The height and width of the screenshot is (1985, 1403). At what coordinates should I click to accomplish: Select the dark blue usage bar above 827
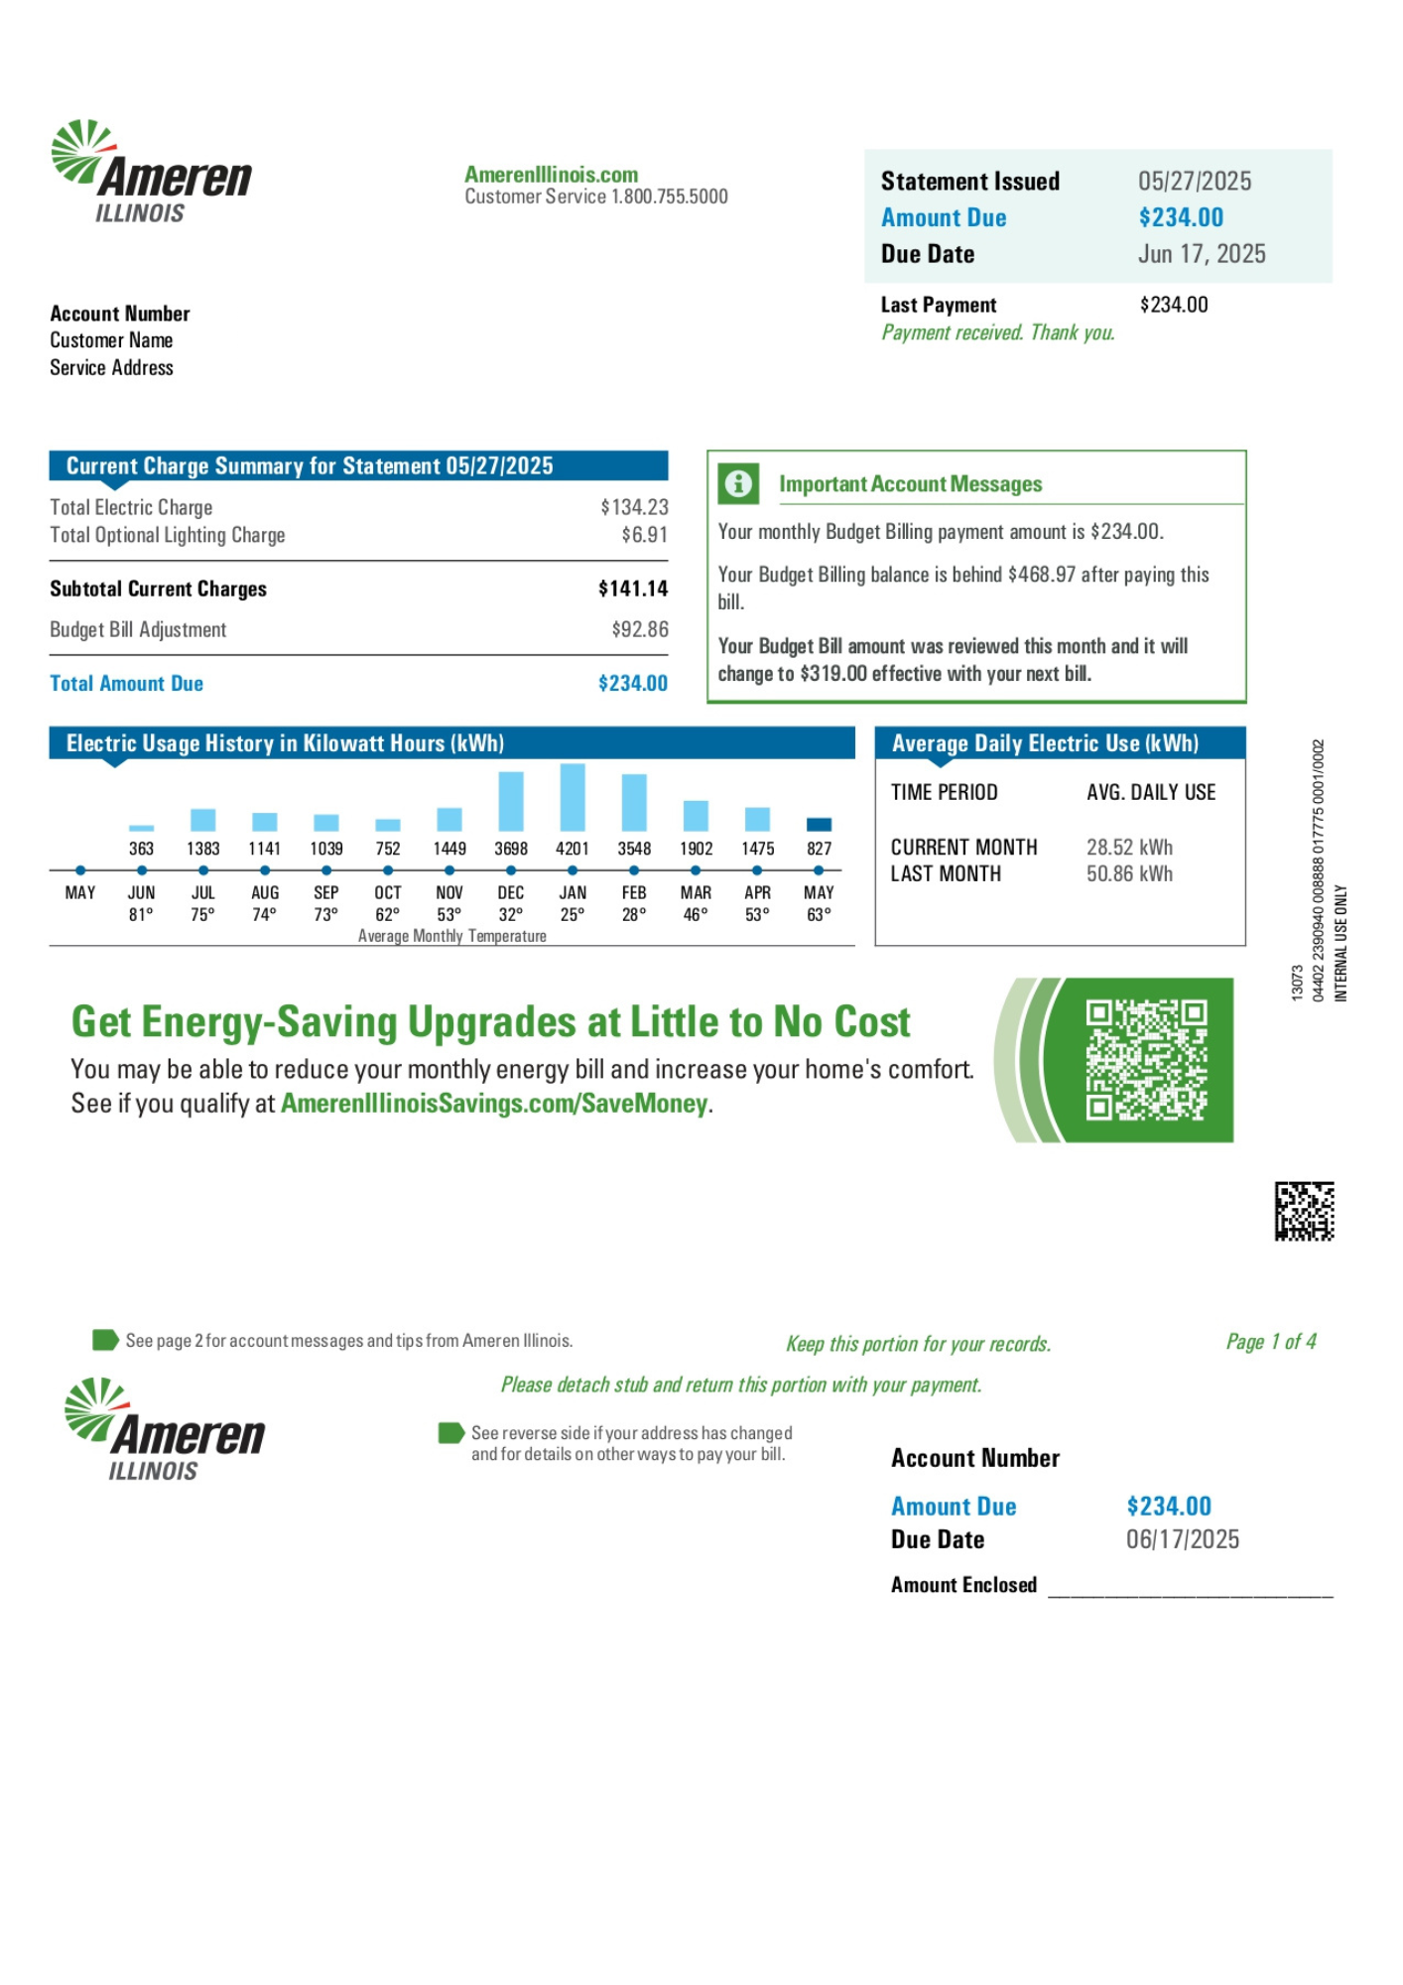pyautogui.click(x=819, y=824)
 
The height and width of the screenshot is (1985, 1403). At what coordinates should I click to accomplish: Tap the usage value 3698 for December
pyautogui.click(x=511, y=849)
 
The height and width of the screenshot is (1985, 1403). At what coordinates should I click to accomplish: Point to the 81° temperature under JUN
pyautogui.click(x=141, y=914)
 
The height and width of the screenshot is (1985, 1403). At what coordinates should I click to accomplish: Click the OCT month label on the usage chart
pyautogui.click(x=388, y=892)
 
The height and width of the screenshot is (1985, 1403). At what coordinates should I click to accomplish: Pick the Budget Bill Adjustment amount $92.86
pyautogui.click(x=640, y=629)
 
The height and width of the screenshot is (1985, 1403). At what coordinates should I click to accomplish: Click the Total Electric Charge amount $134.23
pyautogui.click(x=634, y=507)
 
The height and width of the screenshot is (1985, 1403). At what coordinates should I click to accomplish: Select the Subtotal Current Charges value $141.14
pyautogui.click(x=633, y=589)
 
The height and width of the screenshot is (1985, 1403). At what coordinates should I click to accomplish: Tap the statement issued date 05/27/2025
pyautogui.click(x=1195, y=182)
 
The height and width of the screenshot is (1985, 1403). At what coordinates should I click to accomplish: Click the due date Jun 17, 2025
pyautogui.click(x=1202, y=254)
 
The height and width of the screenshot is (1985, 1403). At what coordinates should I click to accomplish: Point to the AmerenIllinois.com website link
pyautogui.click(x=552, y=175)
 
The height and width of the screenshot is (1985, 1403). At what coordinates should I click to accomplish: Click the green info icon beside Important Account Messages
pyautogui.click(x=738, y=483)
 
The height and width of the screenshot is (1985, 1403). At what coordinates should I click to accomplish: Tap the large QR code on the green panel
pyautogui.click(x=1146, y=1059)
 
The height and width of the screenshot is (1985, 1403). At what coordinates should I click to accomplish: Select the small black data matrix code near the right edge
pyautogui.click(x=1304, y=1211)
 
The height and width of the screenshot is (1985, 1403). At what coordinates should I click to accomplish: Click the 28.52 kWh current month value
pyautogui.click(x=1129, y=848)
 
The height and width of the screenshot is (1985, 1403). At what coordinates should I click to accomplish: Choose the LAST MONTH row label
pyautogui.click(x=946, y=874)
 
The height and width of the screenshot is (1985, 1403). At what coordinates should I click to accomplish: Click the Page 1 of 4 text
pyautogui.click(x=1271, y=1342)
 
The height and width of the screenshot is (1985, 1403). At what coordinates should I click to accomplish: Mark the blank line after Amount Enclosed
pyautogui.click(x=1190, y=1587)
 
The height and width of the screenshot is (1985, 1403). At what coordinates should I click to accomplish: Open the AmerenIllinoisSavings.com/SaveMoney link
pyautogui.click(x=494, y=1104)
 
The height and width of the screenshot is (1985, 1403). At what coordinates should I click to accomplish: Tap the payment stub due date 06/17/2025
pyautogui.click(x=1183, y=1539)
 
